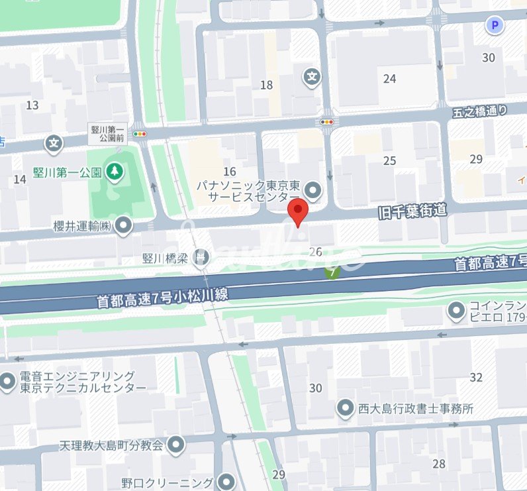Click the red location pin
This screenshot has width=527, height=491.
click(x=299, y=213)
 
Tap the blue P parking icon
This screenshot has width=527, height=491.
click(x=494, y=26)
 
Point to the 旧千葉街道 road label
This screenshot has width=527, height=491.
click(x=411, y=212)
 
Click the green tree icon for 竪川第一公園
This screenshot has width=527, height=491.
click(x=116, y=172)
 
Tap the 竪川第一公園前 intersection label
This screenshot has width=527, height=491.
click(x=107, y=134)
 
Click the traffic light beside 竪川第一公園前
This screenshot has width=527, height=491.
click(x=139, y=135)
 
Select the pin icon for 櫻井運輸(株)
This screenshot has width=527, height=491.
click(x=123, y=226)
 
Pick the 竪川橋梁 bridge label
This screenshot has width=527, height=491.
click(x=168, y=256)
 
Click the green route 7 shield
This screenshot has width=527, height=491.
click(x=332, y=271)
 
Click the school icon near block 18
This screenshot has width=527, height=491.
click(x=312, y=78)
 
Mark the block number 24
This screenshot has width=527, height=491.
click(x=389, y=79)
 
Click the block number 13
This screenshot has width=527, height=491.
click(x=32, y=105)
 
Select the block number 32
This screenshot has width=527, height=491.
click(x=476, y=378)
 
